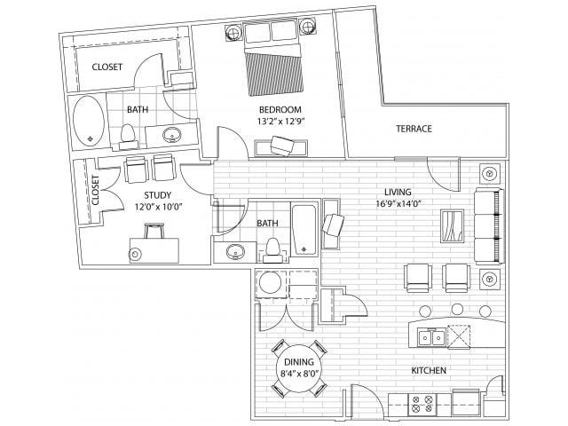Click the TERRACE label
coord(414,129)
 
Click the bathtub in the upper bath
coord(88,122)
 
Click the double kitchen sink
coord(432,337)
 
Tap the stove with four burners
coord(422,405)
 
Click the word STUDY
coord(156,195)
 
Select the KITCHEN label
coord(428,370)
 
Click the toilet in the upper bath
coord(128,135)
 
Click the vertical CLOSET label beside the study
coord(95,190)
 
